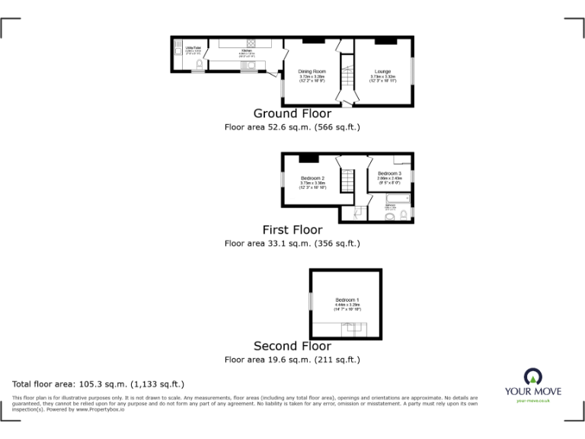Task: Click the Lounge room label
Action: coord(382,72)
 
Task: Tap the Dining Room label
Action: coord(312,72)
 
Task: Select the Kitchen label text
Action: coord(246,52)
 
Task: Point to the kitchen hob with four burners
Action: coord(250,43)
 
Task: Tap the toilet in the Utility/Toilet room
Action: coord(199,67)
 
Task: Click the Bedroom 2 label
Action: coord(312,178)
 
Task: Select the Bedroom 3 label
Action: coord(389,174)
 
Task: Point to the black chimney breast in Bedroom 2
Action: coord(308,158)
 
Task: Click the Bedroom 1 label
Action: coord(346,300)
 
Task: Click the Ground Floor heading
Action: coord(292,114)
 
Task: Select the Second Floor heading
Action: coord(292,346)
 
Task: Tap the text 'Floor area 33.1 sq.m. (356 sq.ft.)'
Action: coord(292,244)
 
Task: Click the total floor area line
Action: coord(98,384)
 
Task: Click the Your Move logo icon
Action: coord(533,377)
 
